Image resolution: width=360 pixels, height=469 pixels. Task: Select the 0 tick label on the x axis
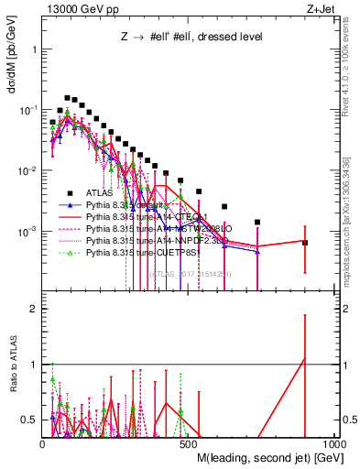pyautogui.click(x=43, y=443)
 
